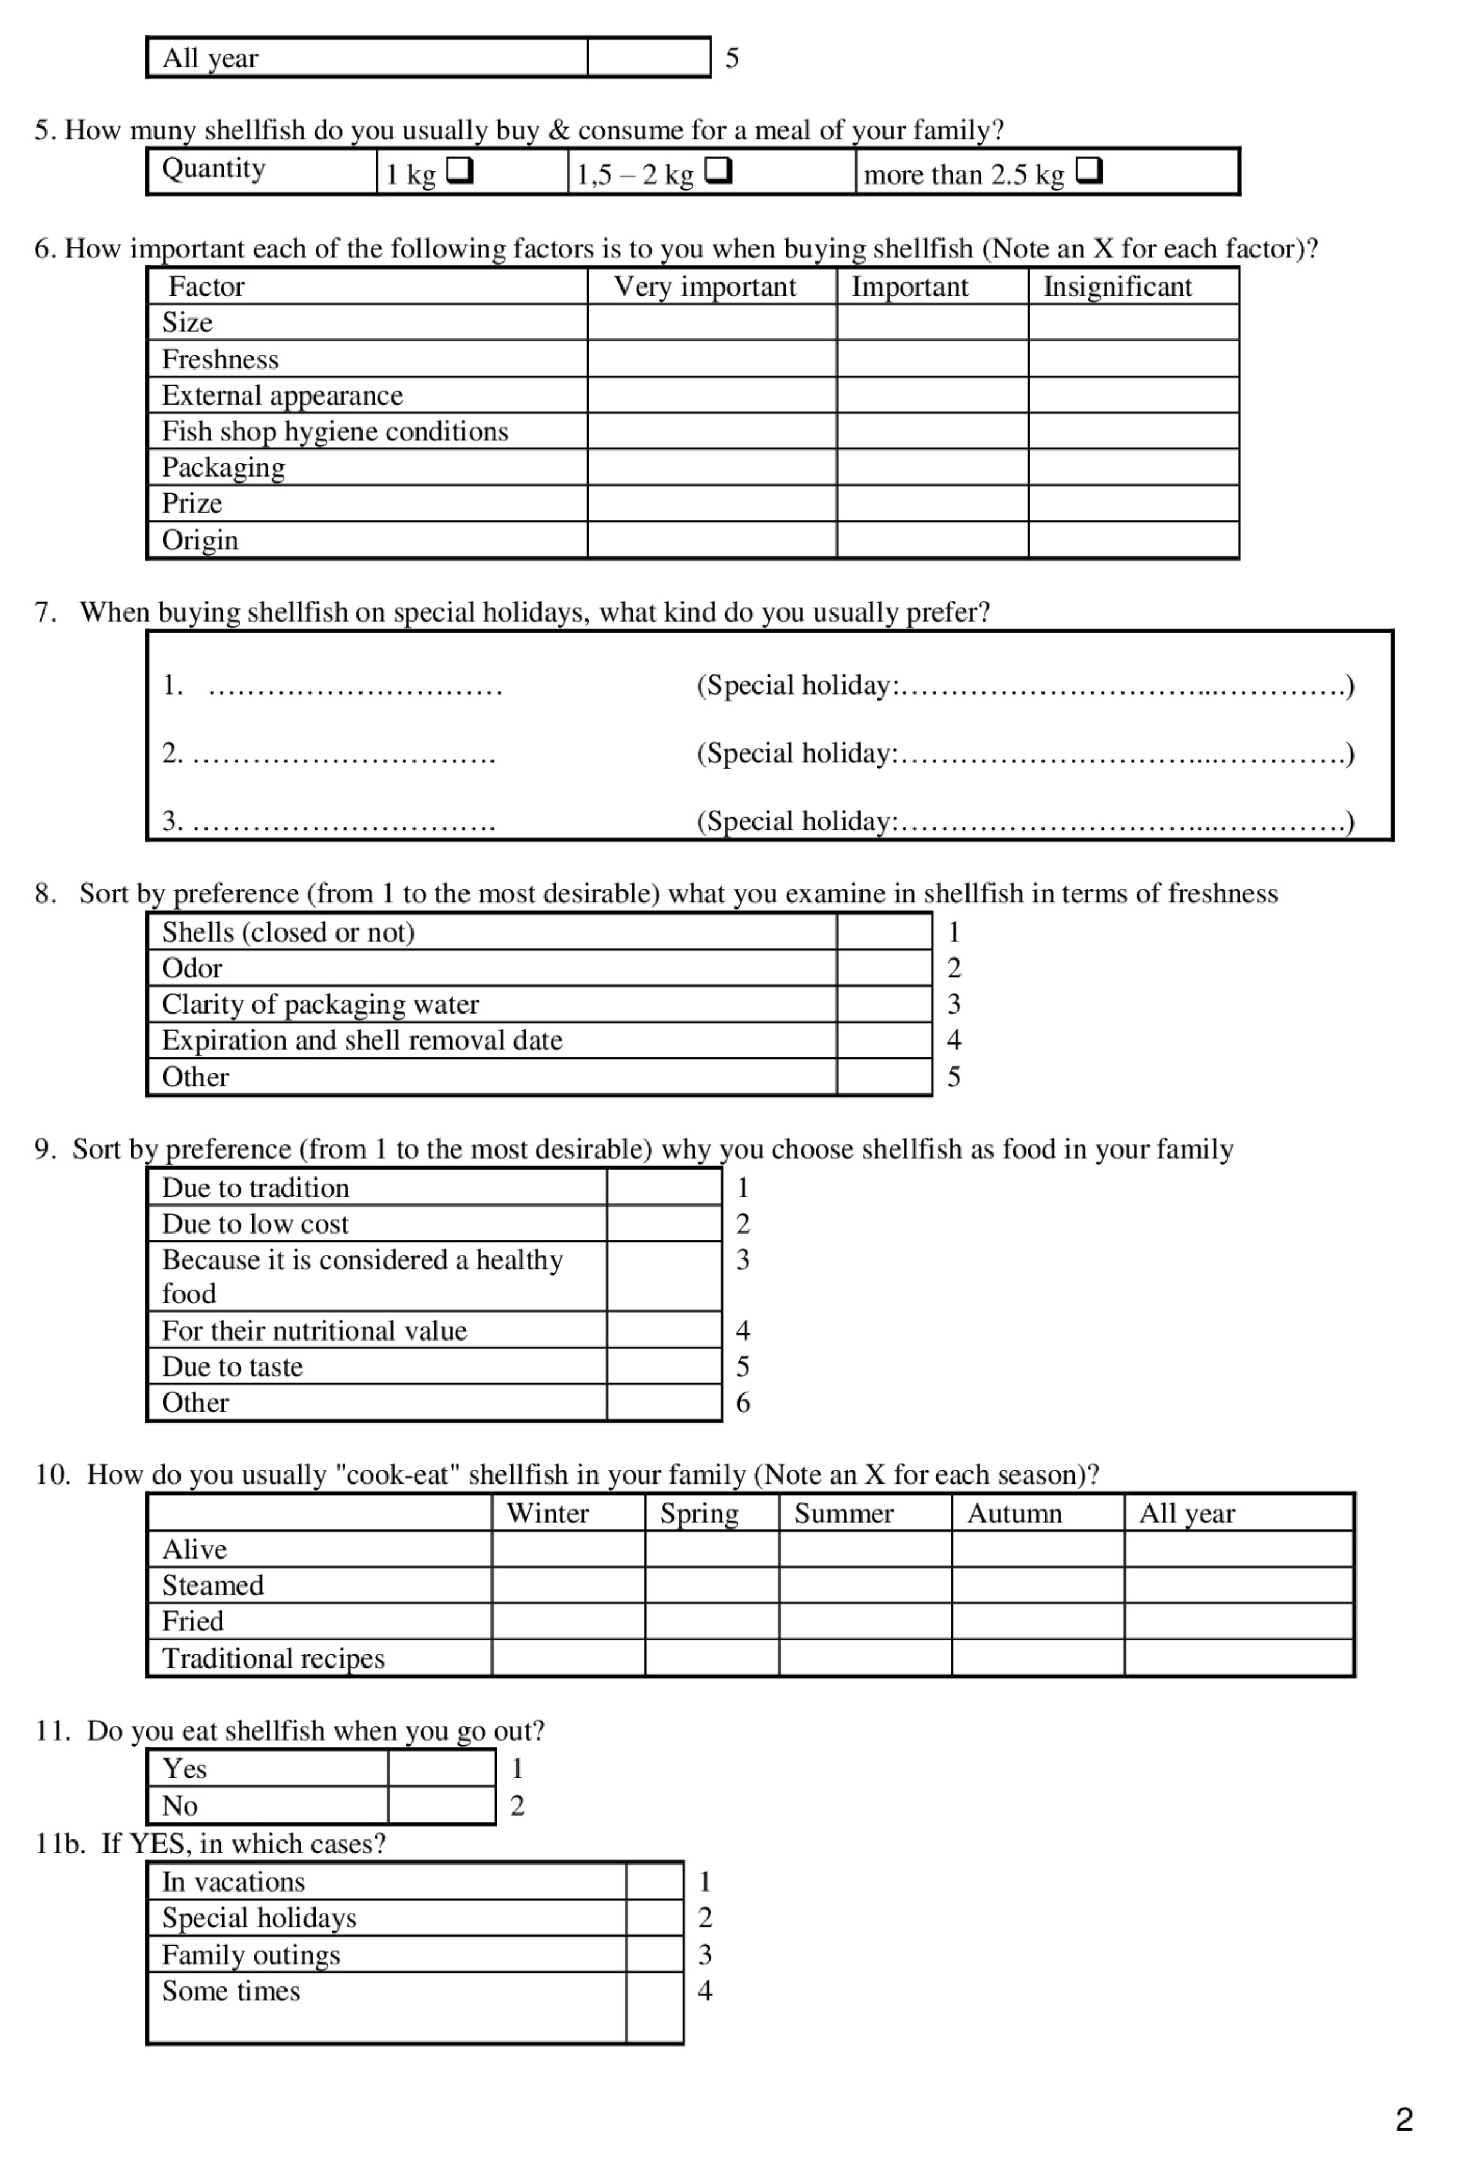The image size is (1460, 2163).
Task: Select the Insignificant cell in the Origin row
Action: click(1133, 540)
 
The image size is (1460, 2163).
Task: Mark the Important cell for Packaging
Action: click(932, 467)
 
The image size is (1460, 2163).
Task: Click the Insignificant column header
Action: click(1117, 287)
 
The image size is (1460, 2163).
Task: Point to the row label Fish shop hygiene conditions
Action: click(335, 431)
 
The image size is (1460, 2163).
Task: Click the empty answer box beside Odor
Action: click(883, 968)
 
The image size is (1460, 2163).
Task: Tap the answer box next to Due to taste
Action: click(664, 1366)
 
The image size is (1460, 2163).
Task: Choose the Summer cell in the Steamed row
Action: click(865, 1585)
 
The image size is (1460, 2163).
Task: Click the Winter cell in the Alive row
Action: click(568, 1549)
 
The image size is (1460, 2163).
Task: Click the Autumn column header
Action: click(1014, 1513)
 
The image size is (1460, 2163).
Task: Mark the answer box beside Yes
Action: click(441, 1768)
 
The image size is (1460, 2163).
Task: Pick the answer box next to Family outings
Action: click(655, 1954)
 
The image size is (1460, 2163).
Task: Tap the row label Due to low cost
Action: click(255, 1224)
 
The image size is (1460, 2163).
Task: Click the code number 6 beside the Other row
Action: click(743, 1403)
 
